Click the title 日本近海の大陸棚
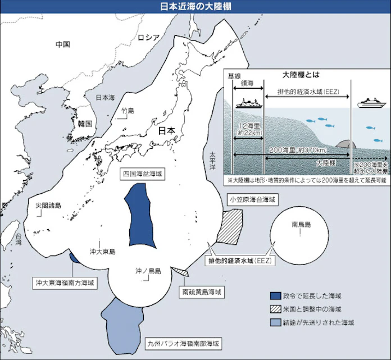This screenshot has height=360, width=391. tap(195, 6)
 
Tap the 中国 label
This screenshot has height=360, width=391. tap(62, 44)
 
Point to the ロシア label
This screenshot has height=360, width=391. tap(149, 38)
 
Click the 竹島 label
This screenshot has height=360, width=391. tap(128, 111)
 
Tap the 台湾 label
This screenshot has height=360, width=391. tap(19, 240)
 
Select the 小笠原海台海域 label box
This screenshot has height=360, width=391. tap(252, 199)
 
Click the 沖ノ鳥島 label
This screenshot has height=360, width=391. tap(148, 271)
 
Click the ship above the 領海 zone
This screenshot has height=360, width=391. tap(247, 103)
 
